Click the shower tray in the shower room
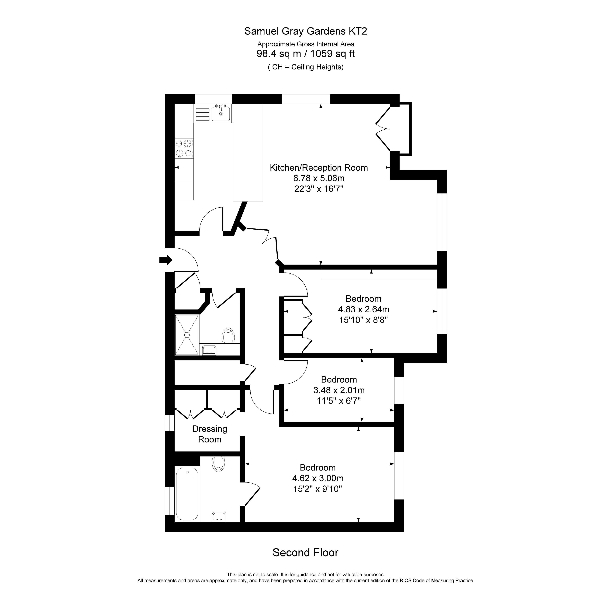pos(187,335)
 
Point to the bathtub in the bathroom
pos(187,494)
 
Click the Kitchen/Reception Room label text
pos(319,168)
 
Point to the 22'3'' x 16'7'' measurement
pos(319,189)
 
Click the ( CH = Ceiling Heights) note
pos(306,67)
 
